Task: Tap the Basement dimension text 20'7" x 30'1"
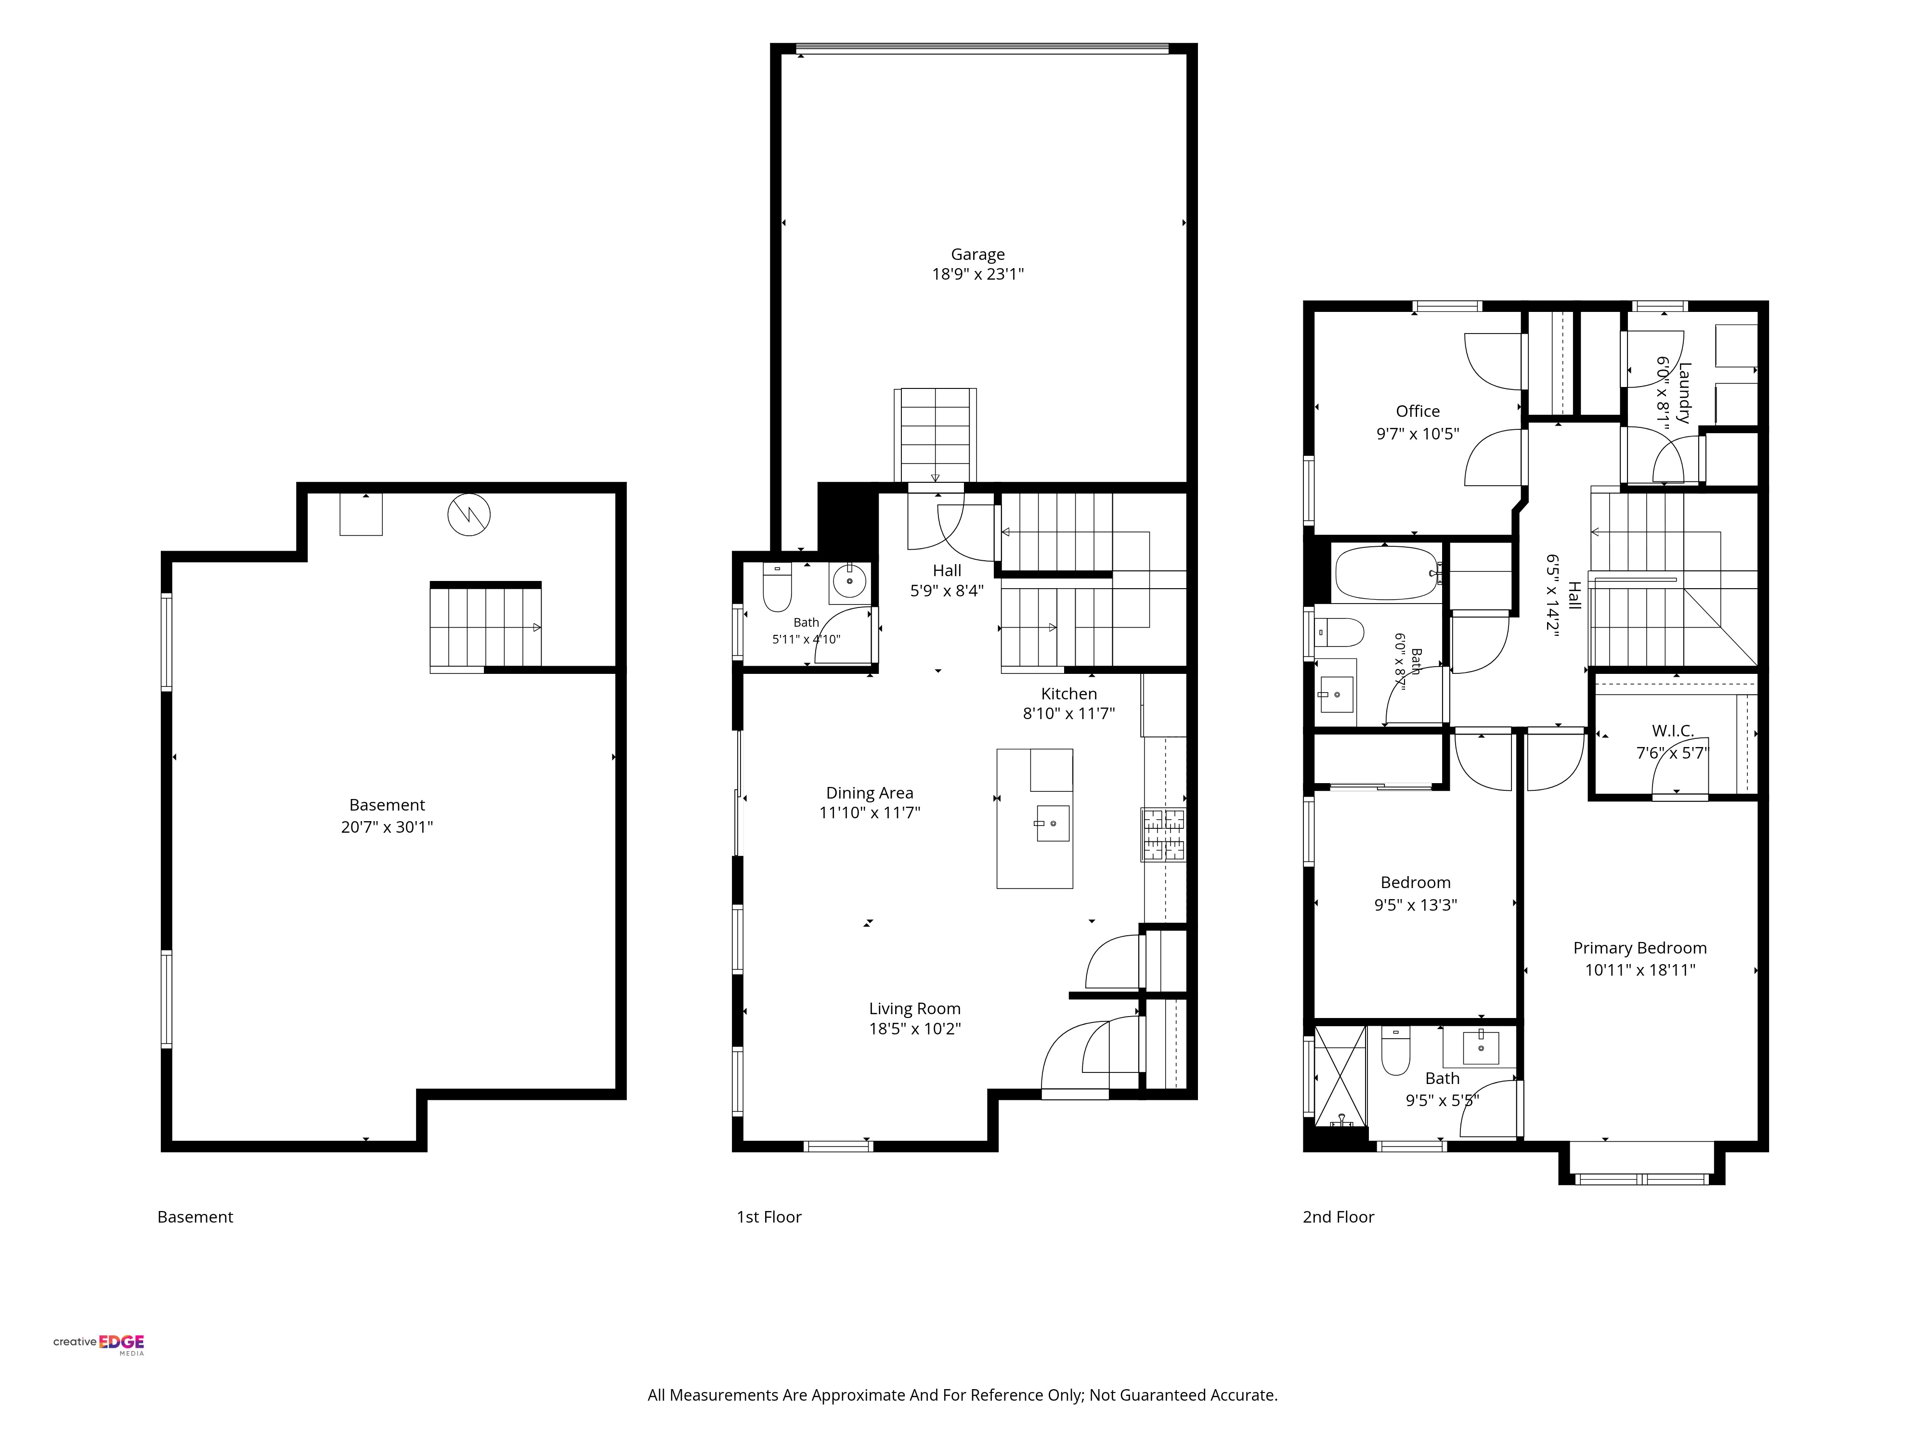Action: coord(387,827)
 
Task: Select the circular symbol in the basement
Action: coord(468,516)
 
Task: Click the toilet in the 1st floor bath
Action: coord(777,588)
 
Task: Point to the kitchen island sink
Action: coord(1052,823)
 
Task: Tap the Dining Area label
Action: coord(869,793)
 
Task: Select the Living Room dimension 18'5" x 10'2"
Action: coord(914,1029)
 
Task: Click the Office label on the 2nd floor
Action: coord(1418,411)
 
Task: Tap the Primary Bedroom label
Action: coord(1640,948)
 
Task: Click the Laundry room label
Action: coord(1684,393)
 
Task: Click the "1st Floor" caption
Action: coord(769,1217)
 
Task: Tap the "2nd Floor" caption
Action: coord(1338,1217)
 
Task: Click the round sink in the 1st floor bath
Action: coord(849,580)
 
